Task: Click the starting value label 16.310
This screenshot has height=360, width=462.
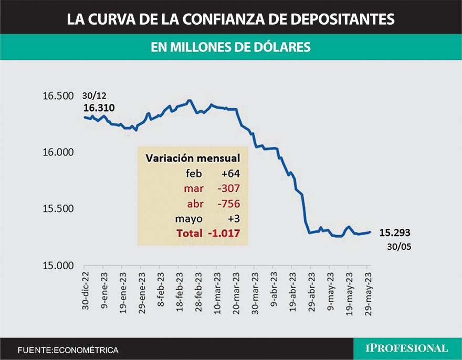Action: (x=99, y=108)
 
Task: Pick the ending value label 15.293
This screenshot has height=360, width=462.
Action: (x=394, y=232)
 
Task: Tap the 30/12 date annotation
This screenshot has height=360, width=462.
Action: (x=93, y=96)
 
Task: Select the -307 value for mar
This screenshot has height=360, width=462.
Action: (x=227, y=188)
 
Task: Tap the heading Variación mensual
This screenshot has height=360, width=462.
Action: (x=193, y=158)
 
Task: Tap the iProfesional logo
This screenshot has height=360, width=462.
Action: (x=407, y=348)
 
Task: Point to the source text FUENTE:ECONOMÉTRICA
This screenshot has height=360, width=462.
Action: (x=68, y=350)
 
